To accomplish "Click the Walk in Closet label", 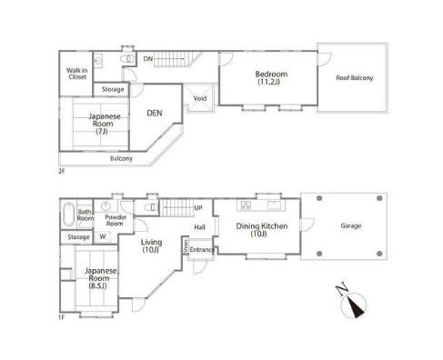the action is (77, 74).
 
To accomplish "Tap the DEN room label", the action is (155, 113).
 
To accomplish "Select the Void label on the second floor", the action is (200, 98).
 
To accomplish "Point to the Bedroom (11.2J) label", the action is (271, 77).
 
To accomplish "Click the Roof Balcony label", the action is (355, 78).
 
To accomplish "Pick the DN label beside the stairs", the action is (148, 59).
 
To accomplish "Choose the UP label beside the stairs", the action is (198, 208).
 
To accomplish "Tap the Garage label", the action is (351, 225).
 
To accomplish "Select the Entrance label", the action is (201, 250).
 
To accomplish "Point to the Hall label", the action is (199, 227).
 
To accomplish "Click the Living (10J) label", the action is (151, 245).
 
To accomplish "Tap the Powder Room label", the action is (116, 220).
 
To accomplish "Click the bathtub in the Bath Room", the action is (69, 215).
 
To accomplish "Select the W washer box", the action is (103, 236).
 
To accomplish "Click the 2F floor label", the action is (62, 171).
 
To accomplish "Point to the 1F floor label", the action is (62, 317).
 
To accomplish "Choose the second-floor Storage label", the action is (113, 89).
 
